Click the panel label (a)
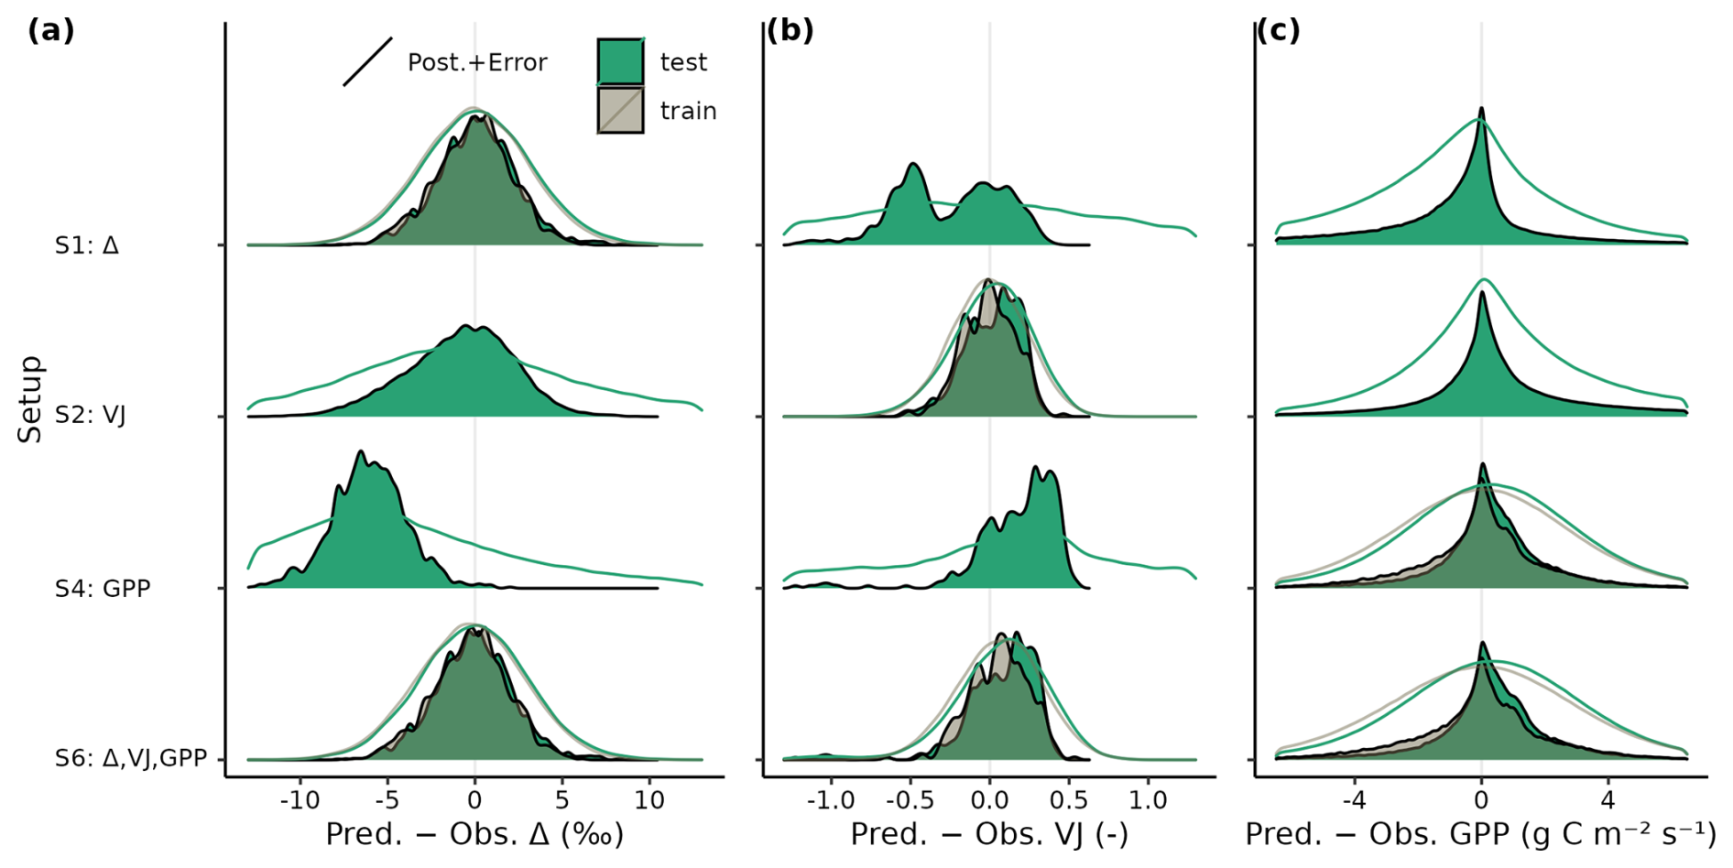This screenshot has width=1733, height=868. tap(50, 31)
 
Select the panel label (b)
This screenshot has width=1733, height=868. tap(790, 31)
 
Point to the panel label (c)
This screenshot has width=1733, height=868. tap(1278, 31)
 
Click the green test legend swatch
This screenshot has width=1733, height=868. tap(620, 61)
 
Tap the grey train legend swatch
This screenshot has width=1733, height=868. tap(620, 111)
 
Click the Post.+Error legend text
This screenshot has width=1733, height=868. tap(476, 62)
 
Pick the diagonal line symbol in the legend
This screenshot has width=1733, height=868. tap(367, 62)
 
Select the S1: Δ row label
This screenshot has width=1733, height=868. tap(86, 245)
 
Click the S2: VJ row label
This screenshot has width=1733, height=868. tap(90, 416)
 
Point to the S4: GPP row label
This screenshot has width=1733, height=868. tap(102, 588)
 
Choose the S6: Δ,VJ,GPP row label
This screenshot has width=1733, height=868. tap(130, 758)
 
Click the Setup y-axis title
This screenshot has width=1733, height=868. tap(30, 399)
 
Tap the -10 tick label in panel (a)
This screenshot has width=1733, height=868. tap(299, 800)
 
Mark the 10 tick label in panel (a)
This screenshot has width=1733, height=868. tap(649, 800)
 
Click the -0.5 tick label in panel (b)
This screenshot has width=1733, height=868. tap(910, 800)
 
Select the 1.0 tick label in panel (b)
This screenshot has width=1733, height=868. tap(1147, 800)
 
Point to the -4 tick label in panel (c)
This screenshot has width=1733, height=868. tap(1354, 800)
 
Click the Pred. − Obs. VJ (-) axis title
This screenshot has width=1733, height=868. tap(989, 834)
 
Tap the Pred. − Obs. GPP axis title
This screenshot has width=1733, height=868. tap(1480, 834)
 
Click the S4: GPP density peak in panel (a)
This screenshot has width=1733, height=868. tap(361, 452)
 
